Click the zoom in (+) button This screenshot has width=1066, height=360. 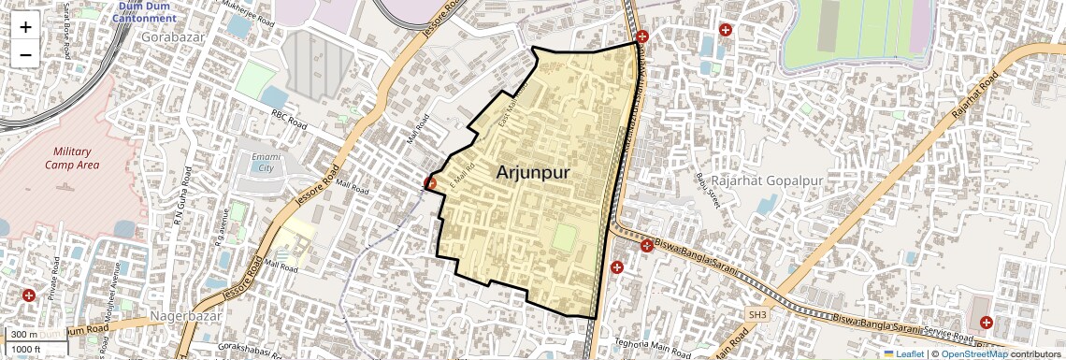pyautogui.click(x=25, y=26)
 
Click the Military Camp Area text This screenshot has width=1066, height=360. pyautogui.click(x=71, y=158)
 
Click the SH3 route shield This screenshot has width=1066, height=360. pyautogui.click(x=756, y=316)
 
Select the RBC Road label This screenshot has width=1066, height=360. pyautogui.click(x=290, y=122)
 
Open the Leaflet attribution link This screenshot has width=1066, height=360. pyautogui.click(x=902, y=354)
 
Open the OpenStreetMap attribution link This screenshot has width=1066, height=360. pyautogui.click(x=974, y=354)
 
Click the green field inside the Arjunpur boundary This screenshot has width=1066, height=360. pyautogui.click(x=564, y=238)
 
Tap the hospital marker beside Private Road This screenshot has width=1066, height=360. pyautogui.click(x=29, y=295)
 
